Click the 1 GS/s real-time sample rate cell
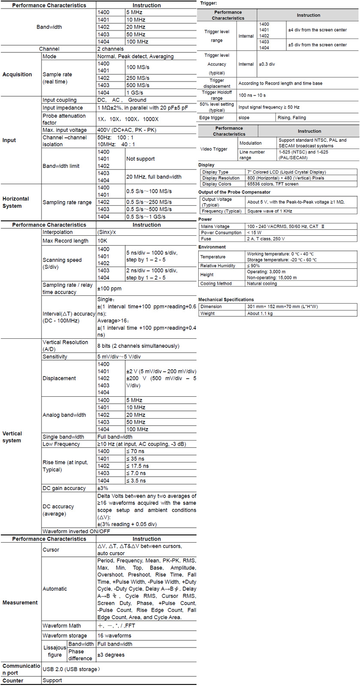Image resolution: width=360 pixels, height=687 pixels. [135, 92]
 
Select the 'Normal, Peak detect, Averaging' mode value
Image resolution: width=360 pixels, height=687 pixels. [135, 56]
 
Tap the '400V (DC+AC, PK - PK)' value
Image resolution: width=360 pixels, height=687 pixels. [127, 130]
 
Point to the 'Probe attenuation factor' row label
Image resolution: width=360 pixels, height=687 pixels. [64, 119]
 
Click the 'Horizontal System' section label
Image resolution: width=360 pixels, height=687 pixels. [15, 202]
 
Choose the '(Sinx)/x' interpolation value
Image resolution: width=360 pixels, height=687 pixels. [106, 232]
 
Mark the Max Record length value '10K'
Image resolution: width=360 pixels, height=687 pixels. [102, 240]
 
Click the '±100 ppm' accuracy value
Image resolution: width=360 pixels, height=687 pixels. [109, 289]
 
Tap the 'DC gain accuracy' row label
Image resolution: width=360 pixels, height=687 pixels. [64, 488]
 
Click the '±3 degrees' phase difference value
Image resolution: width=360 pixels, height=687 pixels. [111, 655]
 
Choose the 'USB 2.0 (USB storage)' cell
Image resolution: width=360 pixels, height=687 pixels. [71, 669]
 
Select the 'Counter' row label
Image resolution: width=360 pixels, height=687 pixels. [13, 681]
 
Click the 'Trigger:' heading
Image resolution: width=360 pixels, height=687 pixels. [209, 3]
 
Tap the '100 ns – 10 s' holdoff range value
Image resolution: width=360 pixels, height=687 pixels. [252, 95]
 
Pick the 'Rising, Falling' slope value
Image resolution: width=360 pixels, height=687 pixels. [292, 117]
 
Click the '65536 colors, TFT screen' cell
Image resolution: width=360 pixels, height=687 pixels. [272, 184]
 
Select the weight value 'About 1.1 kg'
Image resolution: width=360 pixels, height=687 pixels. [260, 313]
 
